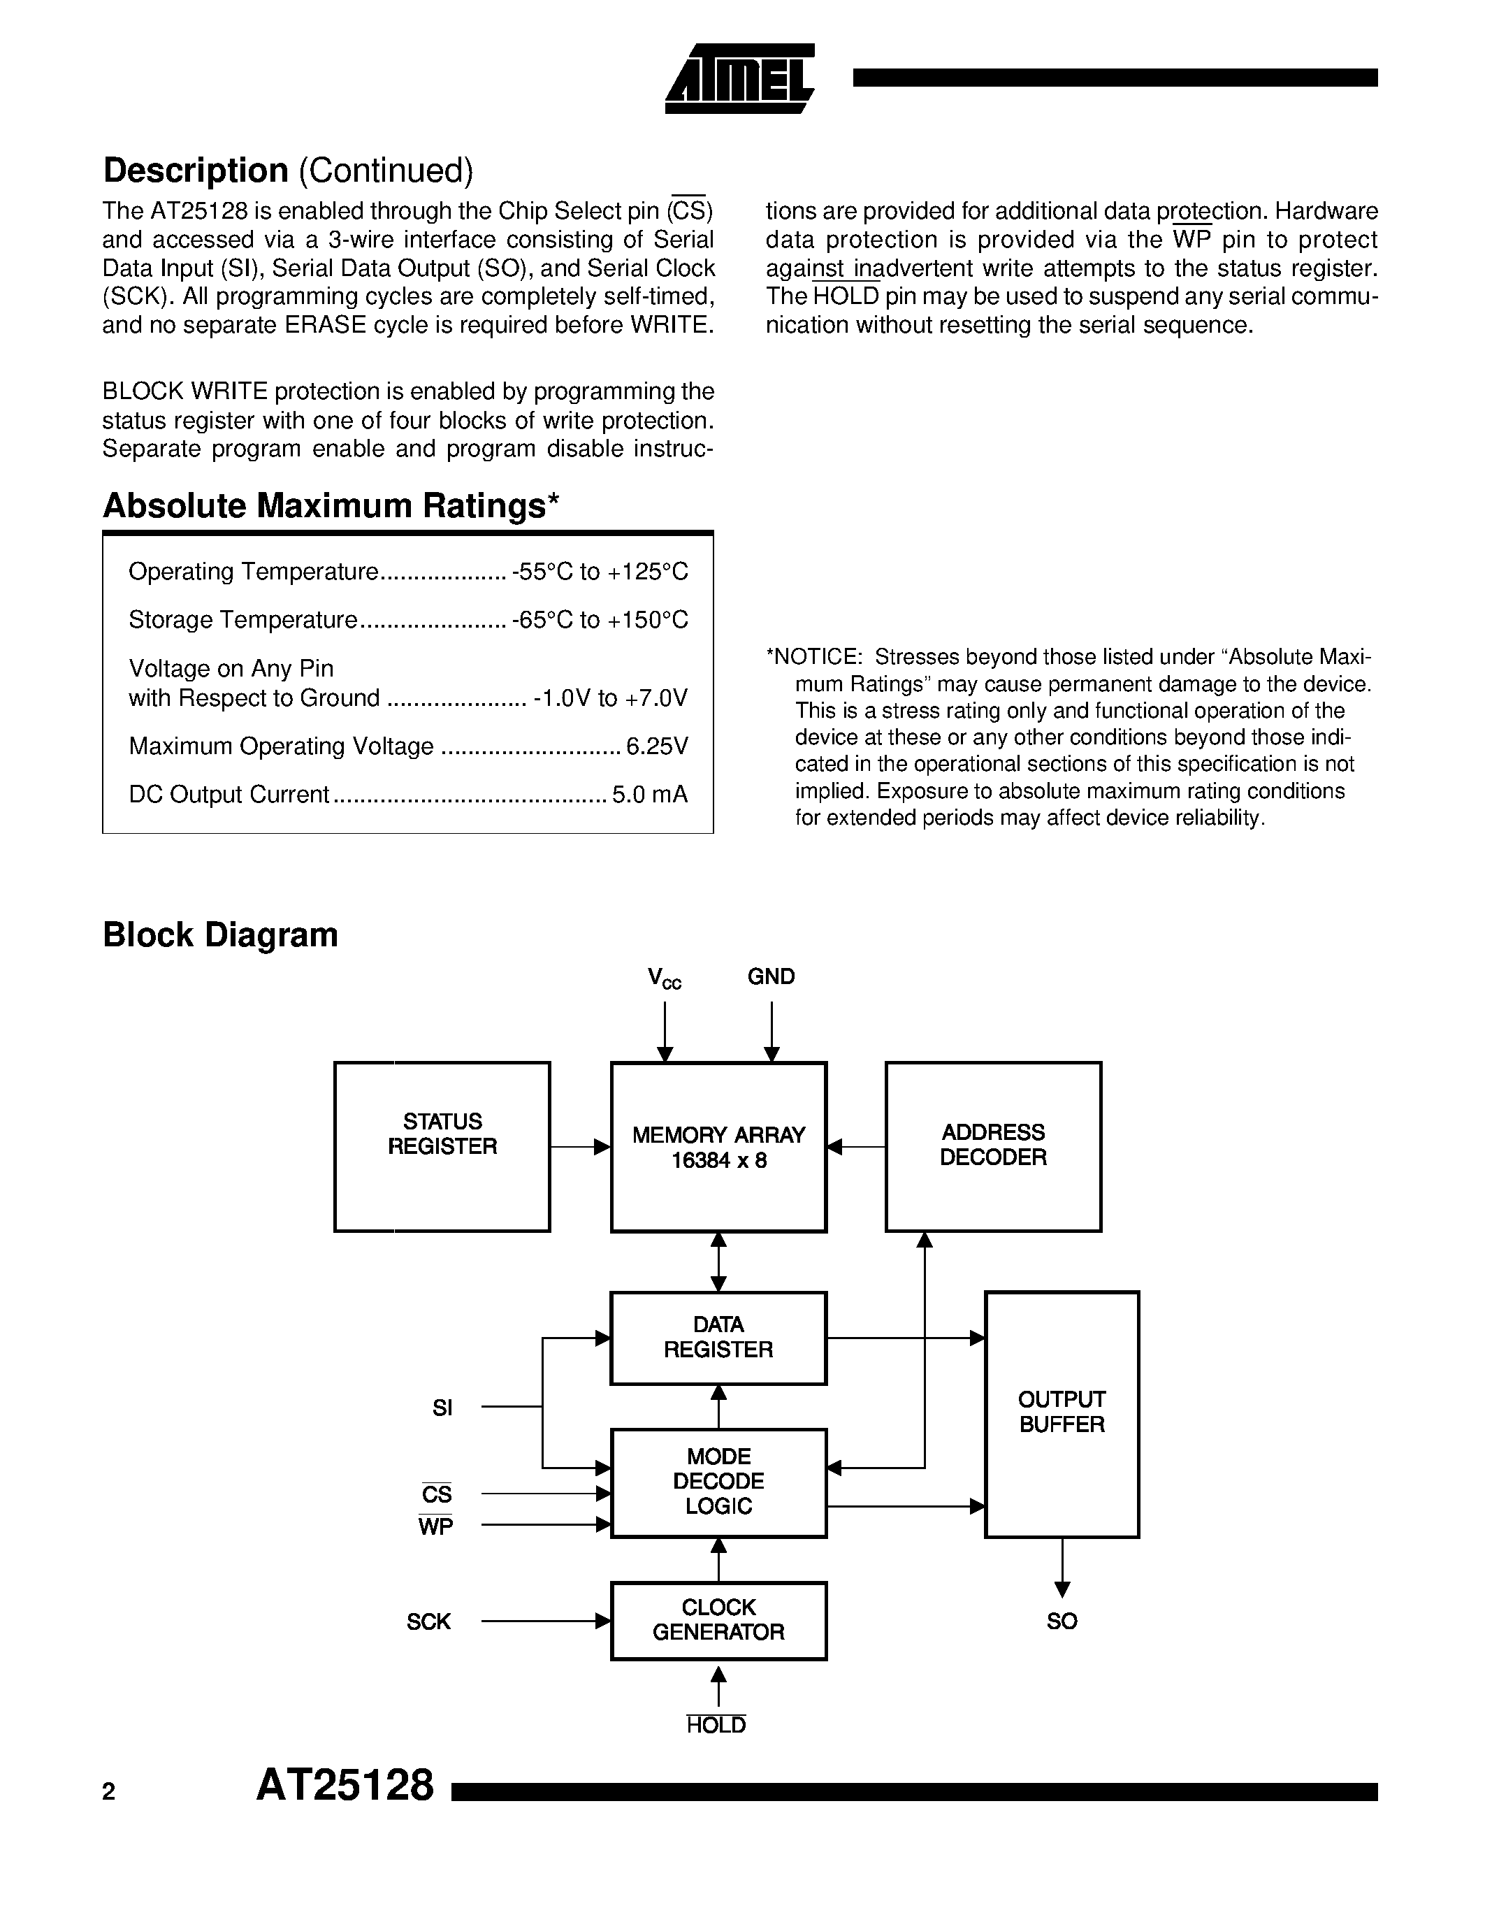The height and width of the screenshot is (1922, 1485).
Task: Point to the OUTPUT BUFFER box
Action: [x=1061, y=1413]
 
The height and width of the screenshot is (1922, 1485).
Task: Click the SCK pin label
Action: [x=428, y=1621]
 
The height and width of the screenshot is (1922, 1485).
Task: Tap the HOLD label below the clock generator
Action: [x=716, y=1725]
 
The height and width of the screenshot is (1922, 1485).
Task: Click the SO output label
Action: [x=1061, y=1621]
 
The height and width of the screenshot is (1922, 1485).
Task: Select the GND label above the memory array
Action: [x=771, y=976]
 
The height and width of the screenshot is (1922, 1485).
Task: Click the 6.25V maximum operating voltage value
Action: [x=656, y=746]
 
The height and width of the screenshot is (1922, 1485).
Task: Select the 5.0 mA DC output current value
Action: [x=649, y=795]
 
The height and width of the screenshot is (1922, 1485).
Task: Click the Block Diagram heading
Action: [x=220, y=934]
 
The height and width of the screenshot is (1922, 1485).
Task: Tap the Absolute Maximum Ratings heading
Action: [x=331, y=506]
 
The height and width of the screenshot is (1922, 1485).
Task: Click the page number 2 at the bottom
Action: [x=109, y=1792]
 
